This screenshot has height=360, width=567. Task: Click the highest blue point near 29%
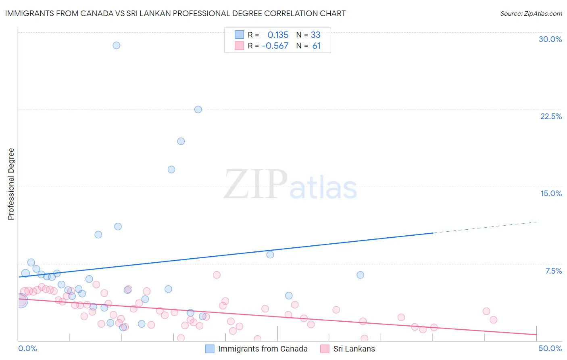[116, 45]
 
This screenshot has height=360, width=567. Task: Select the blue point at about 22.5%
[198, 109]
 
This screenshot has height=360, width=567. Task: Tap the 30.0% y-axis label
[550, 39]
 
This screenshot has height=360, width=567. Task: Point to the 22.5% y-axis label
[551, 116]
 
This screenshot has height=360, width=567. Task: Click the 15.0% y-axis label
[551, 193]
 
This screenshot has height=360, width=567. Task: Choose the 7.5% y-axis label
[553, 271]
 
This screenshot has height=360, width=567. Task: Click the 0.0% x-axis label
[27, 348]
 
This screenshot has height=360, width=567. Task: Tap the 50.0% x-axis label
[550, 348]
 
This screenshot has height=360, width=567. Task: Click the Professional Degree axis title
[11, 184]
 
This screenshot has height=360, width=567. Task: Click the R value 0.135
[278, 35]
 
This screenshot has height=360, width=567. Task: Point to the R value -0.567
[275, 46]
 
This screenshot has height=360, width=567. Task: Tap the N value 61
[316, 46]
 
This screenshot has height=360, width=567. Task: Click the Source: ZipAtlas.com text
[531, 13]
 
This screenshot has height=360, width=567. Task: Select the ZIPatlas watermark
[290, 185]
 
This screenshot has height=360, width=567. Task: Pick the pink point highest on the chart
[217, 275]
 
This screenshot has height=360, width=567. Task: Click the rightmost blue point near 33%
[360, 275]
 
